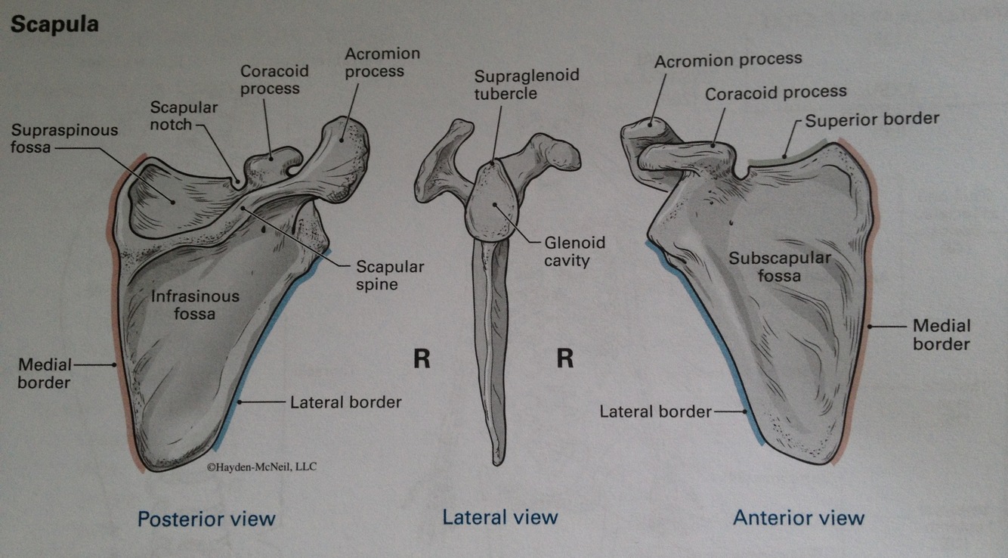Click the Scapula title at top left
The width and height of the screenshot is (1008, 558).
pos(54,24)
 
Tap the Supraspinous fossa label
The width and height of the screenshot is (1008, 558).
pos(64,138)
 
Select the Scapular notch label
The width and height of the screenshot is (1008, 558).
pos(184,116)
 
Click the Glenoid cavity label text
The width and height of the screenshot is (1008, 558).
pos(575,252)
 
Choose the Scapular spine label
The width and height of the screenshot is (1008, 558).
pos(390,276)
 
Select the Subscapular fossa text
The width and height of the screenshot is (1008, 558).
pos(780,266)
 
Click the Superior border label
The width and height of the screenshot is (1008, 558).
pos(871,119)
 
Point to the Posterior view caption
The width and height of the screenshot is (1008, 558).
pos(206,519)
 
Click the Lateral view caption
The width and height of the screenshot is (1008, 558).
pos(499,517)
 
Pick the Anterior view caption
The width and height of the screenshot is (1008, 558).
pos(798,518)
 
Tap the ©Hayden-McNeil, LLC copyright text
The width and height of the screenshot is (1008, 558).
pos(261,467)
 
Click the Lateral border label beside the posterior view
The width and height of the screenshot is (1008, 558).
pos(345,402)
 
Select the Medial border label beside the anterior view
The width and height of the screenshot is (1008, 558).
pos(941,334)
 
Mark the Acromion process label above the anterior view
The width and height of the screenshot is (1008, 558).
pos(728,60)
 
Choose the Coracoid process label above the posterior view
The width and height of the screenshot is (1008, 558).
pos(270,79)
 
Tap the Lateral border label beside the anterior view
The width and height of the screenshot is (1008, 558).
pos(655,411)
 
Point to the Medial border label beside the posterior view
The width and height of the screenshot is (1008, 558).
pos(45,374)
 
